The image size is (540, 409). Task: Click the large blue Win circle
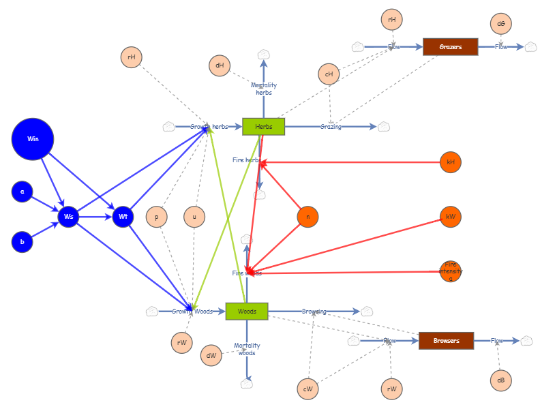33,139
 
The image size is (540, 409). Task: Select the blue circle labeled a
22,192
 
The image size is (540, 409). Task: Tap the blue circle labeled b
22,241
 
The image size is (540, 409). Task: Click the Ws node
68,217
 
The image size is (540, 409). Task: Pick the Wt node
123,217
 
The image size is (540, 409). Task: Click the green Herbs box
263,126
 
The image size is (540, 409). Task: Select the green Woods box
247,312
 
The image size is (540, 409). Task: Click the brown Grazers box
450,47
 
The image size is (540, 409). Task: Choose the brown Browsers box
446,340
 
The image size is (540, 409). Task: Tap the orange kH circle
451,162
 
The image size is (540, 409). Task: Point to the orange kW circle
451,217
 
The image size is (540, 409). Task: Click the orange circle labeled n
308,217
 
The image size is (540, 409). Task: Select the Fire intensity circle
451,271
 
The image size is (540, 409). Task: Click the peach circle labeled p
157,217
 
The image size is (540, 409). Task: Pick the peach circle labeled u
194,217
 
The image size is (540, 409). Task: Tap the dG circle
501,24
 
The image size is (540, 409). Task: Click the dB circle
500,380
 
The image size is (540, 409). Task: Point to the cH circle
329,74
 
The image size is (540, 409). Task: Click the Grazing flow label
331,127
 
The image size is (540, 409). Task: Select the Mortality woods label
247,349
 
